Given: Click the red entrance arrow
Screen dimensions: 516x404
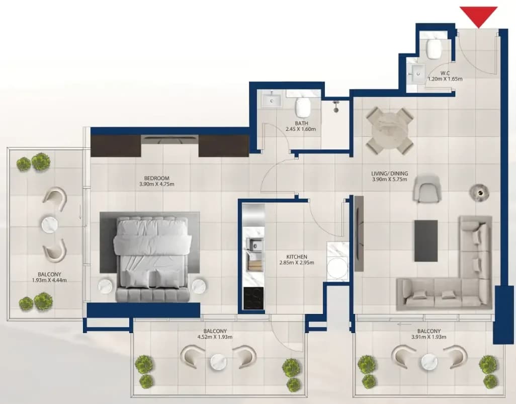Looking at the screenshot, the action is click(x=478, y=17).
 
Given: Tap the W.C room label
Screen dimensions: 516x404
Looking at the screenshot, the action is click(x=445, y=73).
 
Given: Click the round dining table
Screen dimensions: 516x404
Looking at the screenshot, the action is click(x=390, y=131).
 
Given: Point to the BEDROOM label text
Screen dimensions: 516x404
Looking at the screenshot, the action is click(x=157, y=178).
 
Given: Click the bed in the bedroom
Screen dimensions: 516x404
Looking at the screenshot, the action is click(x=152, y=259).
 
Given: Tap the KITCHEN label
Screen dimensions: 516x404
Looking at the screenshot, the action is click(x=297, y=257).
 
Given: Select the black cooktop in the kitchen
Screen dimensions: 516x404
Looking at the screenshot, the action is click(x=253, y=298).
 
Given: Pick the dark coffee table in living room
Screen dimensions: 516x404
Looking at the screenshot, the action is click(x=426, y=240).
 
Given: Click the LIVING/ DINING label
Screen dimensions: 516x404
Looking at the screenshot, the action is click(x=390, y=174).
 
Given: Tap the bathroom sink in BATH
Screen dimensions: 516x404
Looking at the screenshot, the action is click(x=272, y=100).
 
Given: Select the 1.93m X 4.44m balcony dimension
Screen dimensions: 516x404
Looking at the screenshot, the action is click(x=49, y=280).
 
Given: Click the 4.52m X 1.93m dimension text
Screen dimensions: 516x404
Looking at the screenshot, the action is click(x=215, y=337).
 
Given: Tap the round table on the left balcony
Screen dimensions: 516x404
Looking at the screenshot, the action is click(x=50, y=224).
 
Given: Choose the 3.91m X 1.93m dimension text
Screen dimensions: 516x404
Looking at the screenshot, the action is click(x=429, y=337).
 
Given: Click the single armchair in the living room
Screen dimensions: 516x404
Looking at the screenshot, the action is click(x=426, y=189).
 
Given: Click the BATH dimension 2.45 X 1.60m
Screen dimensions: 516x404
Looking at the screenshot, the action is click(x=301, y=129).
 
